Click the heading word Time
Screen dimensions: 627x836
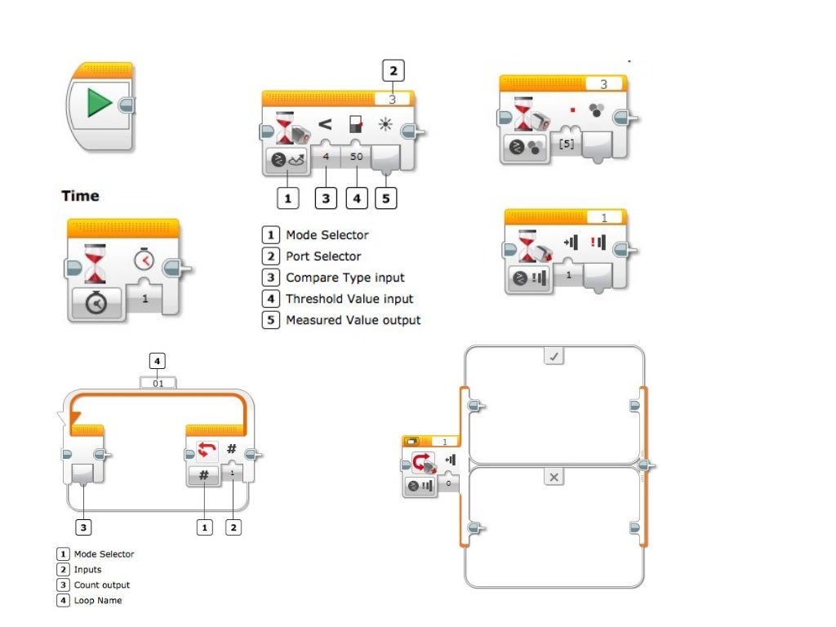pos(80,196)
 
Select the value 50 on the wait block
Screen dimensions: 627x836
pos(356,155)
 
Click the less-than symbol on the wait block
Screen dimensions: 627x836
pos(324,124)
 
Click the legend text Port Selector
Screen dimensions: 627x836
pos(322,256)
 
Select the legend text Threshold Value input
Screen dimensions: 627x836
pos(349,299)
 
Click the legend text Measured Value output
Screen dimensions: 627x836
pos(353,320)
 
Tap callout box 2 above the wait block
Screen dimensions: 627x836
pos(394,71)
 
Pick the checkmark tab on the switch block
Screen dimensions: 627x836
pos(554,357)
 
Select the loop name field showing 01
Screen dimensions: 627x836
pos(158,382)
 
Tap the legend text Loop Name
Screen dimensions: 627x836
pos(97,600)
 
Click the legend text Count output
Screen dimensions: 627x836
pos(101,585)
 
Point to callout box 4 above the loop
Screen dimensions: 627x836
pos(158,360)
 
